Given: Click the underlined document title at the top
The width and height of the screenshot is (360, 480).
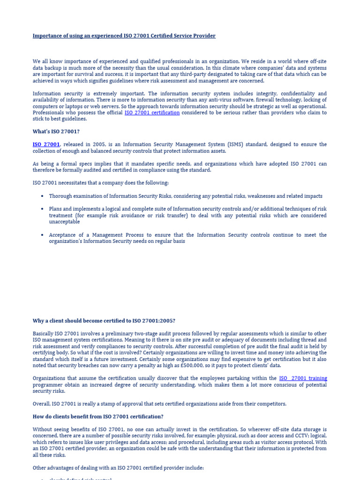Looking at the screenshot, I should tap(124, 36).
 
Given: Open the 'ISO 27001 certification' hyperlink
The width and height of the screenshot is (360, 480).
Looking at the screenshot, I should tap(152, 112).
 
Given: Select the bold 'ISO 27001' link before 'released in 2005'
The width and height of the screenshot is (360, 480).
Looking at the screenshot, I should tap(46, 144).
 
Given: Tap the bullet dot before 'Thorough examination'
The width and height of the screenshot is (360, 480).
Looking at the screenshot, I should tap(42, 196).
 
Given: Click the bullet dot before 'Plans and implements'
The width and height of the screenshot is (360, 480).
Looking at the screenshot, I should tap(42, 209).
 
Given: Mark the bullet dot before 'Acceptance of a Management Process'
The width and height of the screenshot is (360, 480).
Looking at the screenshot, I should tap(42, 235).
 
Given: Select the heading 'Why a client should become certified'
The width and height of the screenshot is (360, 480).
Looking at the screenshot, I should tap(104, 321).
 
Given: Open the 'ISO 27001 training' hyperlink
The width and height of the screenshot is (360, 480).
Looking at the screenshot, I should tap(303, 378).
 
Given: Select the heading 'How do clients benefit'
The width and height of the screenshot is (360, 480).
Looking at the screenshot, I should tap(98, 417).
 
